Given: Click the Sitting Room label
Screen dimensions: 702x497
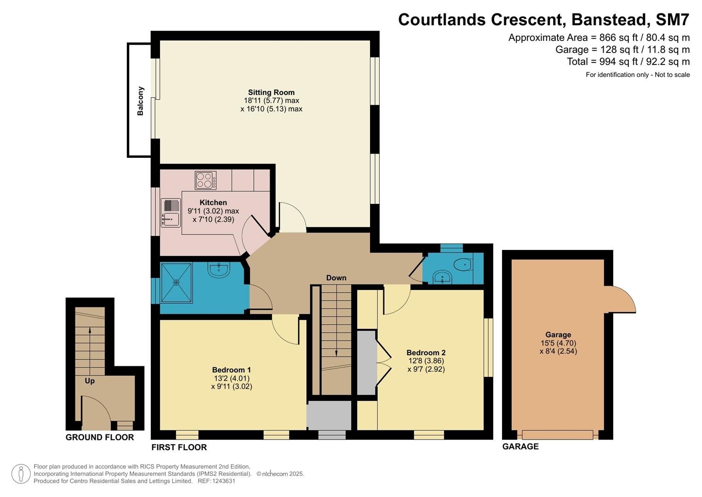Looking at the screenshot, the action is pyautogui.click(x=271, y=92).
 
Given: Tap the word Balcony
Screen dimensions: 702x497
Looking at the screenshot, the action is pyautogui.click(x=140, y=101).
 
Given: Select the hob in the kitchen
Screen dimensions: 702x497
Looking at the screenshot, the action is pyautogui.click(x=205, y=180).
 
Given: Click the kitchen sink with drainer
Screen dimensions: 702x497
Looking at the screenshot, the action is pyautogui.click(x=171, y=213).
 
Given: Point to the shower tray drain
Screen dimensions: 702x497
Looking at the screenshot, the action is pyautogui.click(x=177, y=283).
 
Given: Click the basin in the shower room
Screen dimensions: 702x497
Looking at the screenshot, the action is pyautogui.click(x=219, y=270).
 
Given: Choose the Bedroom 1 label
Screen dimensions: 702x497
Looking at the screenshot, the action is pyautogui.click(x=231, y=370).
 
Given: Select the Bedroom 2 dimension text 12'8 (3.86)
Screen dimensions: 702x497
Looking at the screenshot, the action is pyautogui.click(x=426, y=361).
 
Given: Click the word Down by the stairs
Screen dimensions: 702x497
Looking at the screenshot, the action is pyautogui.click(x=336, y=277).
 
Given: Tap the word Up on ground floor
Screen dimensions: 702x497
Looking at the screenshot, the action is pyautogui.click(x=90, y=381).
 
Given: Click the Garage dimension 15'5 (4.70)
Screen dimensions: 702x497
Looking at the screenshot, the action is pyautogui.click(x=558, y=343).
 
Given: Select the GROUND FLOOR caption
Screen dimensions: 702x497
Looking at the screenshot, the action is pyautogui.click(x=100, y=437).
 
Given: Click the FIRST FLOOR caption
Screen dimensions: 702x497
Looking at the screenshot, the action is pyautogui.click(x=179, y=447).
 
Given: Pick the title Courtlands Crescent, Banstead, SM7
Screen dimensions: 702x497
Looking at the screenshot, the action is pyautogui.click(x=544, y=19).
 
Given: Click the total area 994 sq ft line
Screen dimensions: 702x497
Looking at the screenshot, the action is pyautogui.click(x=628, y=62).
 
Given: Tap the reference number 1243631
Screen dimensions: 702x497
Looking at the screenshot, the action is pyautogui.click(x=223, y=481).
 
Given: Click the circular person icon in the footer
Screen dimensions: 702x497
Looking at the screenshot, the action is pyautogui.click(x=21, y=474).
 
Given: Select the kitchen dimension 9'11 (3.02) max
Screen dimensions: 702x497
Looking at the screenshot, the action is pyautogui.click(x=213, y=211).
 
